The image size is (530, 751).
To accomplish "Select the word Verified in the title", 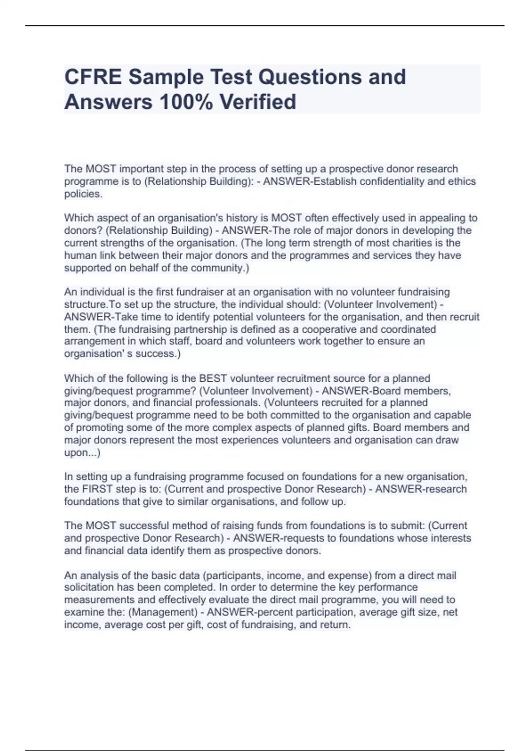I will point(258,102).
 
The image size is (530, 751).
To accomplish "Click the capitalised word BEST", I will point(213,379).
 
